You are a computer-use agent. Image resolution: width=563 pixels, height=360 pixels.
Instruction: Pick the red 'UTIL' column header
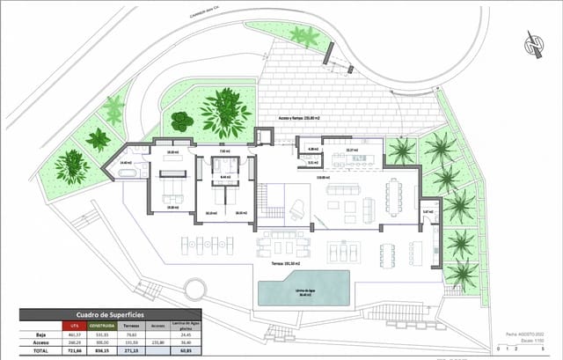click(74, 326)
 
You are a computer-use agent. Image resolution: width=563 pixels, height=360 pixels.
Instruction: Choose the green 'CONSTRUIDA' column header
click(104, 326)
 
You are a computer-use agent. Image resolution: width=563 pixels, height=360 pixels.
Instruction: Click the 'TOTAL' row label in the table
click(40, 350)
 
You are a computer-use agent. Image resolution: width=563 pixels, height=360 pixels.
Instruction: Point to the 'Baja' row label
click(40, 334)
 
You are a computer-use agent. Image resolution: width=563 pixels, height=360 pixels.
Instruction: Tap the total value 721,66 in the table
click(74, 350)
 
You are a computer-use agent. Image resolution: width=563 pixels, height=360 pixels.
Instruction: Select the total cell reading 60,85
click(184, 350)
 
